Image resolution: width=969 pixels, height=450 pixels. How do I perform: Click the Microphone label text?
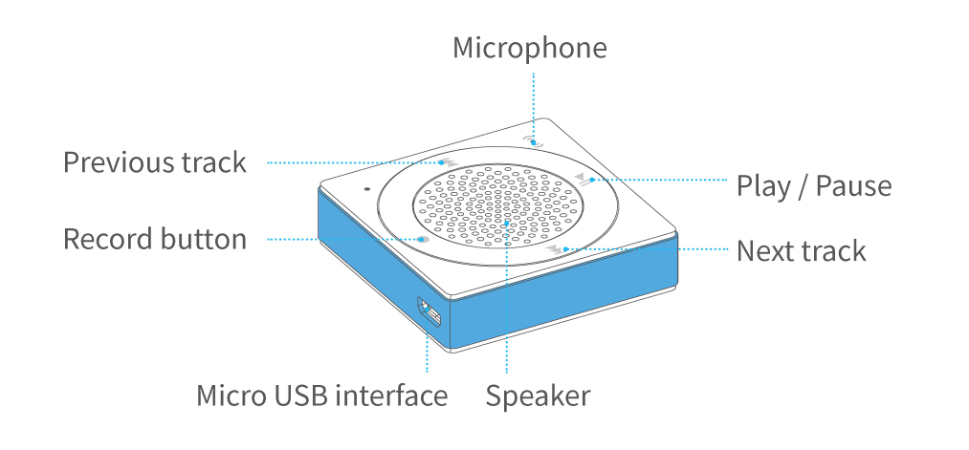tap(530, 49)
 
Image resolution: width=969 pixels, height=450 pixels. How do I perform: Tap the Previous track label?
tap(155, 163)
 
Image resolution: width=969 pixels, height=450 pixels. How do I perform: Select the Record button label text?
tap(155, 240)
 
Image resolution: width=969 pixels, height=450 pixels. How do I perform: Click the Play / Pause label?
tap(814, 186)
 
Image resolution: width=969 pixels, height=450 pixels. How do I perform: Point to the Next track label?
tap(801, 251)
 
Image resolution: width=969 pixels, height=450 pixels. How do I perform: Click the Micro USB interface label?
tap(321, 396)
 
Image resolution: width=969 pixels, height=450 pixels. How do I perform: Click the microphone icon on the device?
tap(532, 141)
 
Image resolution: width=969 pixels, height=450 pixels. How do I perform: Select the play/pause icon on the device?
tap(584, 179)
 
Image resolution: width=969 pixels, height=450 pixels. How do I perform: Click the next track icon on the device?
tap(556, 248)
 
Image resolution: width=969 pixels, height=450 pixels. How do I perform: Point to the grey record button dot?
tap(422, 239)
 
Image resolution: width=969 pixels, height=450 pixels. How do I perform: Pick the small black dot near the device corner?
tap(367, 189)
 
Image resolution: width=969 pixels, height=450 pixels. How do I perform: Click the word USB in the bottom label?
tap(297, 396)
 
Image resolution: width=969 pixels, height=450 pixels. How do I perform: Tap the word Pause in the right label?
tap(853, 186)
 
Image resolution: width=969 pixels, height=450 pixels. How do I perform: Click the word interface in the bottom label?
tap(390, 396)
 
